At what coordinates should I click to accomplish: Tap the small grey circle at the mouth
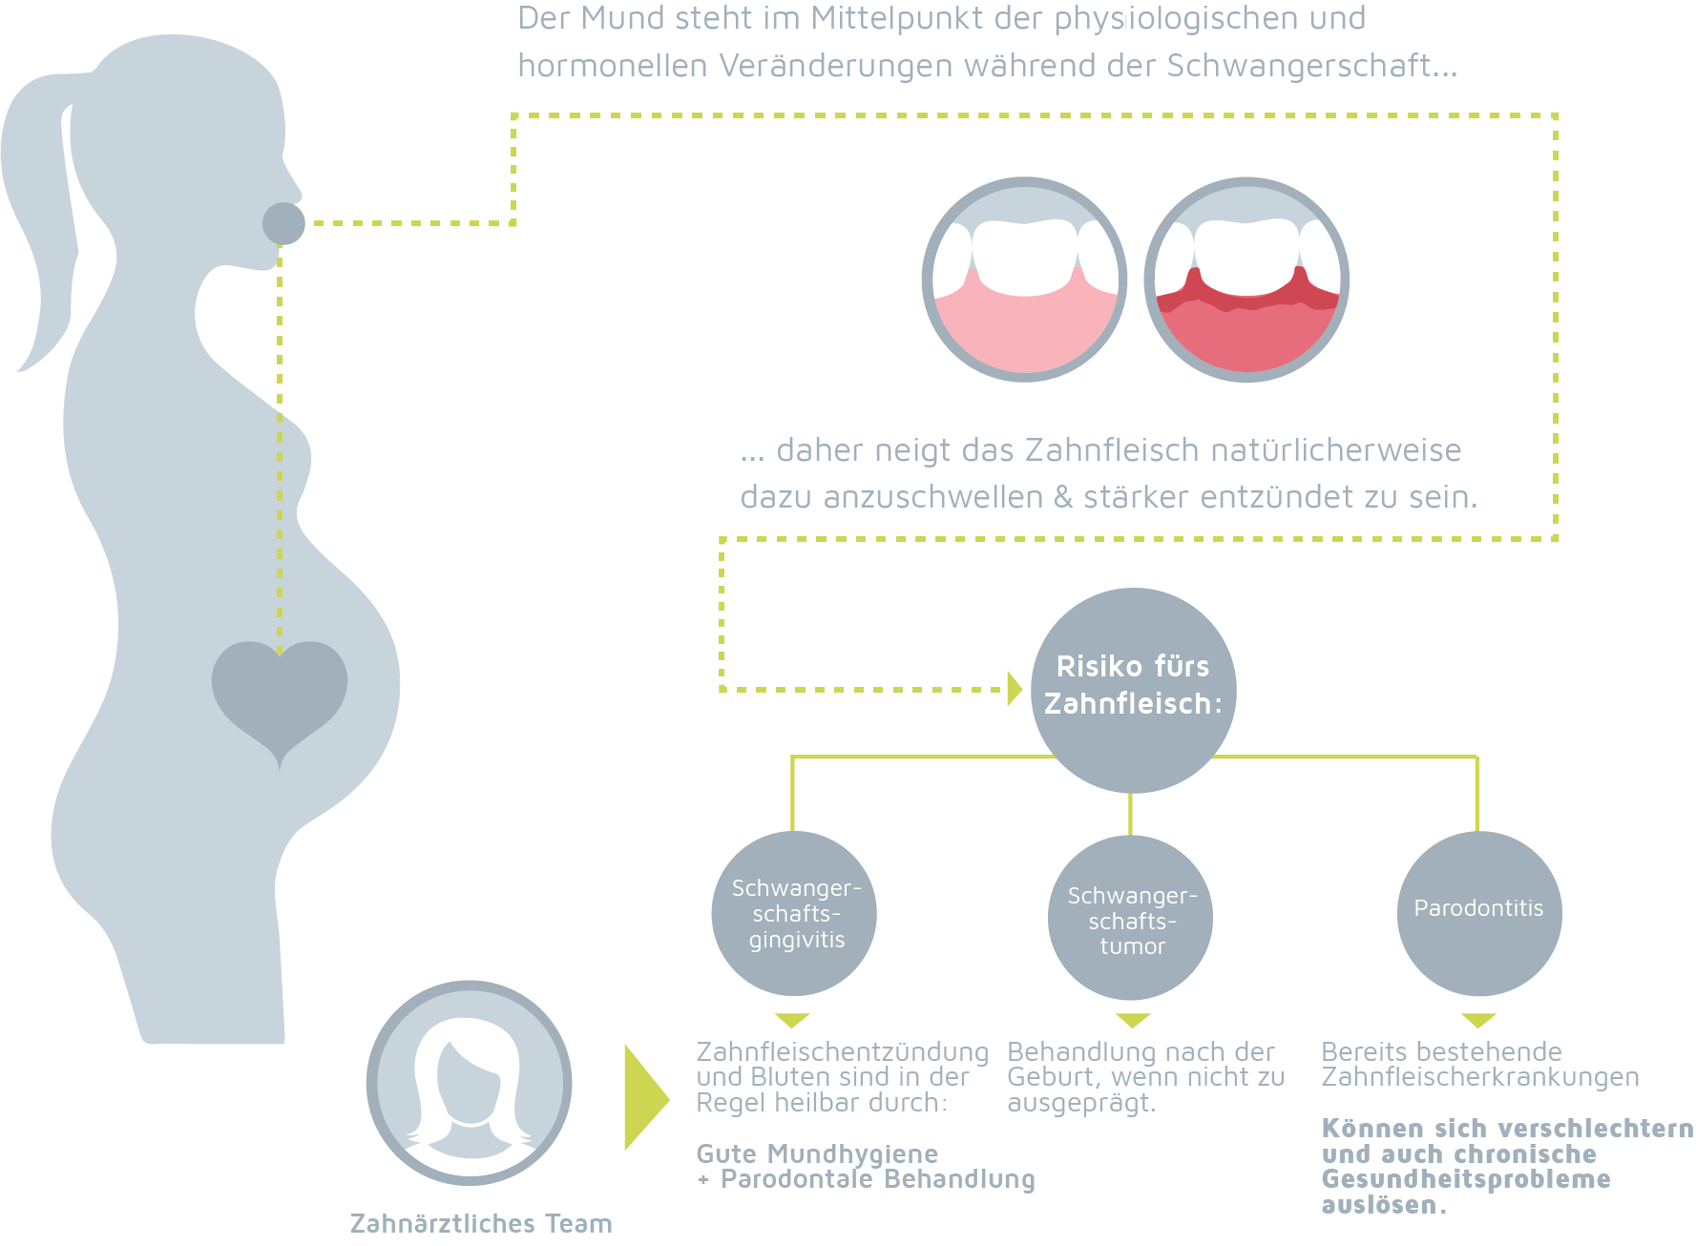click(283, 223)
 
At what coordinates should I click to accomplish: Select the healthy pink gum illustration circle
click(1024, 280)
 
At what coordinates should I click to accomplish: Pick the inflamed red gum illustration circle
click(1246, 280)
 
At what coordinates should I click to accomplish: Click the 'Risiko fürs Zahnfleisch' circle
click(1133, 689)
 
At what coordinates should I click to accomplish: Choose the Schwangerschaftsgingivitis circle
click(794, 913)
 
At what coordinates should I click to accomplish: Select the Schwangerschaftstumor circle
click(1131, 918)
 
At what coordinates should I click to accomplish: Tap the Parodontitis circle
click(1479, 913)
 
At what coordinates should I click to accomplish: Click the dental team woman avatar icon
click(469, 1083)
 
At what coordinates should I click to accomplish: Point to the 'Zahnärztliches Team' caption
click(481, 1223)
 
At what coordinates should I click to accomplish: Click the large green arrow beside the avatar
click(645, 1097)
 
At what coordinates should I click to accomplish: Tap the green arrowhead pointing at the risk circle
click(1015, 689)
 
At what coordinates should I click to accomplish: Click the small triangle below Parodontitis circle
click(1478, 1020)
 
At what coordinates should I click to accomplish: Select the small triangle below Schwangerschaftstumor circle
click(1133, 1020)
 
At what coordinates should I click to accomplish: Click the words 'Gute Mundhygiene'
click(817, 1154)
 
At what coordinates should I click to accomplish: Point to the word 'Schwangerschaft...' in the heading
click(1311, 66)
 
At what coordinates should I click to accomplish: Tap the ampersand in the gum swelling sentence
click(1063, 497)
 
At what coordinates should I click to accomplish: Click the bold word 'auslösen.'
click(1383, 1205)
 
